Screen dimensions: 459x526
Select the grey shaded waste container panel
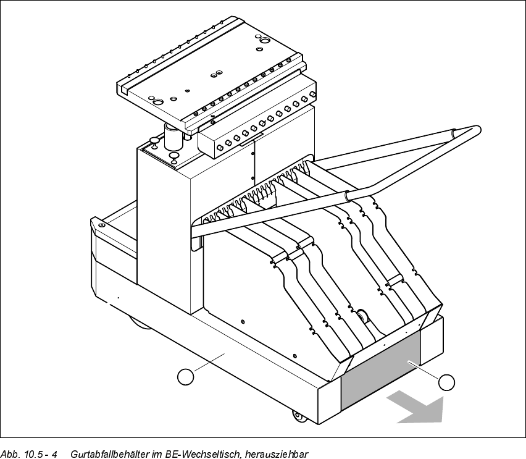click(x=380, y=374)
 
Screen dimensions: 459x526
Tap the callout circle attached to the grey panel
click(x=446, y=382)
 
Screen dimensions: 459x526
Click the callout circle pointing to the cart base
click(x=185, y=376)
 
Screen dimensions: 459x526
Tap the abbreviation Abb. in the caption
click(x=10, y=454)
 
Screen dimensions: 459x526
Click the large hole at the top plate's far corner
click(x=264, y=40)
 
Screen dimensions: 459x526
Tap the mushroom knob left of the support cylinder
click(x=154, y=140)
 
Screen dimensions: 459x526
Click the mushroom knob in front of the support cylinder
click(x=173, y=156)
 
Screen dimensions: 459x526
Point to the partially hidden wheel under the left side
click(x=141, y=322)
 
